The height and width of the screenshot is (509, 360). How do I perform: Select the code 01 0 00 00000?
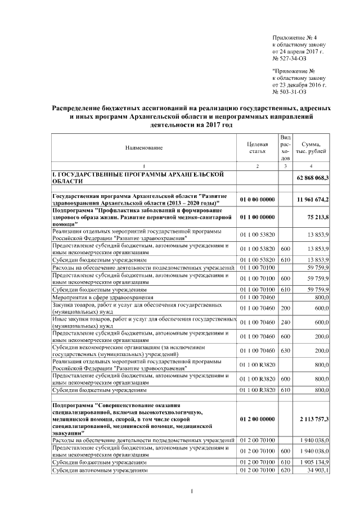pyautogui.click(x=256, y=200)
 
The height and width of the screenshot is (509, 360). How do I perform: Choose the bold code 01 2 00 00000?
pyautogui.click(x=256, y=420)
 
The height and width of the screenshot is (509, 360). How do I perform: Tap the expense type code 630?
pyautogui.click(x=285, y=350)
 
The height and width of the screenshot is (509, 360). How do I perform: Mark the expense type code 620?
pyautogui.click(x=285, y=470)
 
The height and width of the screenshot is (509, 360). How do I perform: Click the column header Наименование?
pyautogui.click(x=143, y=148)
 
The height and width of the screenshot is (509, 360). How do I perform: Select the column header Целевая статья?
pyautogui.click(x=256, y=148)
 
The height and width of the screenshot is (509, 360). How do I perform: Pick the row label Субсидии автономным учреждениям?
pyautogui.click(x=100, y=470)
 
